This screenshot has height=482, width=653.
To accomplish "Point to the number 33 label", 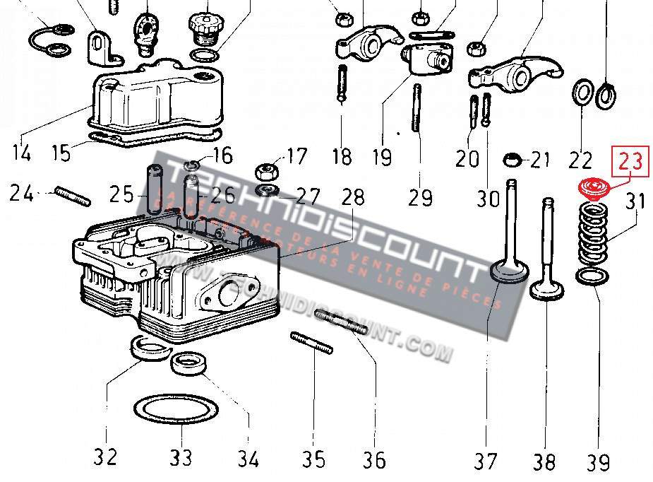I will pyautogui.click(x=181, y=457).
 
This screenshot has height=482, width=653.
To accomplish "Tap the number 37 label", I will pyautogui.click(x=485, y=461).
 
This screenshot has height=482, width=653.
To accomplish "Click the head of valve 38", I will pyautogui.click(x=547, y=290).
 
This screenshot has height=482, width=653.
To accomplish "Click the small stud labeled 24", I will pyautogui.click(x=72, y=195).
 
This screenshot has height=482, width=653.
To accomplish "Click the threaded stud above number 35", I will pyautogui.click(x=311, y=343).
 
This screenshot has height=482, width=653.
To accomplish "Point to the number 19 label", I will pyautogui.click(x=382, y=156).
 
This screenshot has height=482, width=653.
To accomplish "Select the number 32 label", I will pyautogui.click(x=105, y=457).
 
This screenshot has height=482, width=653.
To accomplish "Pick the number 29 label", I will pyautogui.click(x=420, y=196).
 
